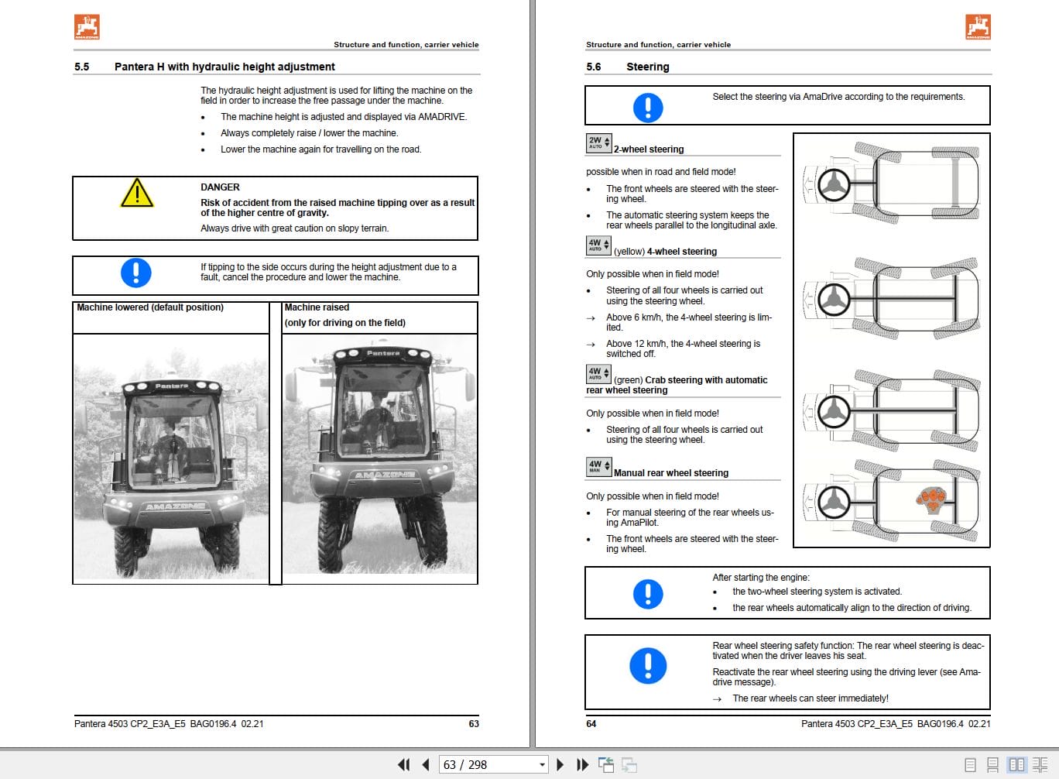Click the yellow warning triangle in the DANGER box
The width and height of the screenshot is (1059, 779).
pos(137,194)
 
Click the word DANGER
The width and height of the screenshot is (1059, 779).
pos(220,187)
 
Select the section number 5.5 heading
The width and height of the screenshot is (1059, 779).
pos(81,67)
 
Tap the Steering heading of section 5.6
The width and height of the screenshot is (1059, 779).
pos(647,67)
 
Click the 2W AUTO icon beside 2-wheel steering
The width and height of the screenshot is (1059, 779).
pos(598,142)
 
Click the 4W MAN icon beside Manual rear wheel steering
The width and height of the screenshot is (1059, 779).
pos(598,466)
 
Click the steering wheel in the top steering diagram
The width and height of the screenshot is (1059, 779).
pos(834,185)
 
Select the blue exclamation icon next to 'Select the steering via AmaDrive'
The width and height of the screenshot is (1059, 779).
pos(648,107)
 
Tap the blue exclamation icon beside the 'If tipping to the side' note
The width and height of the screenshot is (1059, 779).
pos(136,273)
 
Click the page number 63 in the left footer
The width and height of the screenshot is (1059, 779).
pos(474,724)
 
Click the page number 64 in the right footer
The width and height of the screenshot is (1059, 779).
pos(591,724)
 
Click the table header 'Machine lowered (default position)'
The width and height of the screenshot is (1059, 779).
pos(150,307)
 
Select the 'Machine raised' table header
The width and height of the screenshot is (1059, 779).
pos(317,307)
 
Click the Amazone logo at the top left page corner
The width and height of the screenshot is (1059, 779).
pos(87,27)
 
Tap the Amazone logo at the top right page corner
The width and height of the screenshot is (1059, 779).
pos(978,27)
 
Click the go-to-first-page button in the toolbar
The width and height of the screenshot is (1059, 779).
pos(403,765)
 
